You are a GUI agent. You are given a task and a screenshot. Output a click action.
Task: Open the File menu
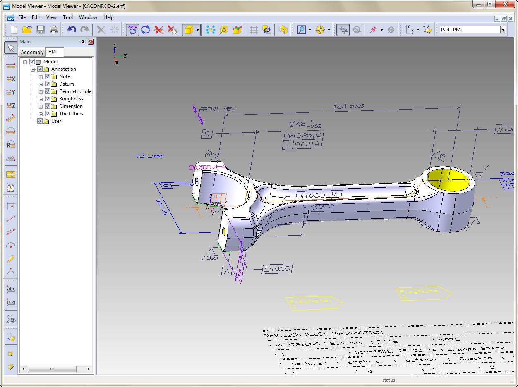22,17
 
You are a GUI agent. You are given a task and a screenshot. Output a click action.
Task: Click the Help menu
108,17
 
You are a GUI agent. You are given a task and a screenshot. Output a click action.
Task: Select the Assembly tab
32,52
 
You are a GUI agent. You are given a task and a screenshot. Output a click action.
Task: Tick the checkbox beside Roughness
48,99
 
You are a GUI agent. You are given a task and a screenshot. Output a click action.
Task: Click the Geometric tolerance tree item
75,91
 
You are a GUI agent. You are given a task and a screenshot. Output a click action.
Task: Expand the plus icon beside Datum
41,84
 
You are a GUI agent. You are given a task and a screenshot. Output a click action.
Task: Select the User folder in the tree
56,121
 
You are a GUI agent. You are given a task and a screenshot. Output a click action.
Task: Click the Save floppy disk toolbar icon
41,29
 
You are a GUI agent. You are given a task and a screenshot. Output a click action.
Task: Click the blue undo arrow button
72,29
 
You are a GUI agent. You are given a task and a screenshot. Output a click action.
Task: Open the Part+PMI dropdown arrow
503,29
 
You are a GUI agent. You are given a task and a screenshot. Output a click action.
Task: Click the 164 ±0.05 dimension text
348,107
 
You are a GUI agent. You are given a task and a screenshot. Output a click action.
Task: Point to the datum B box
207,134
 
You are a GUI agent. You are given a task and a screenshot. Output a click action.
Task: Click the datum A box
226,271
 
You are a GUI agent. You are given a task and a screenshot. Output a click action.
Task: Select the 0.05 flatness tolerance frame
277,269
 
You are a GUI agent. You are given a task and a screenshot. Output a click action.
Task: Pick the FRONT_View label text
217,109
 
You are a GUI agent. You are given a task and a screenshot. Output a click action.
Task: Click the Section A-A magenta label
207,167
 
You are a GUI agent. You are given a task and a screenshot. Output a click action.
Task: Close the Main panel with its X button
91,42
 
